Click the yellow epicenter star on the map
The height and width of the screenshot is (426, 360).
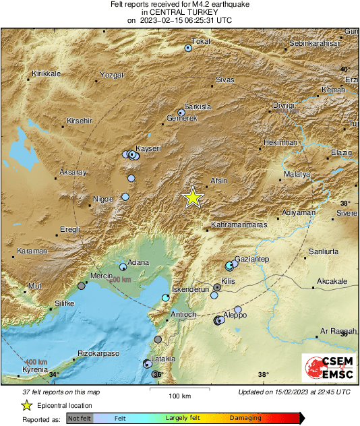click(193, 197)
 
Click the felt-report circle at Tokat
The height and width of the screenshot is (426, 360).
click(189, 48)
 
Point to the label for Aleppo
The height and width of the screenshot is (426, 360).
click(235, 315)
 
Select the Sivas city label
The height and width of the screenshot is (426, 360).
click(224, 80)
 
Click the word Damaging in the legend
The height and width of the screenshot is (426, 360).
click(245, 418)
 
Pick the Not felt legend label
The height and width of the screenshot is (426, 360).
click(80, 418)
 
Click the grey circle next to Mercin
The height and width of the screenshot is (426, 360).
click(82, 286)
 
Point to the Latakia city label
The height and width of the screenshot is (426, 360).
click(163, 359)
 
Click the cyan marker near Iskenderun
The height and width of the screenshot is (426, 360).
click(166, 297)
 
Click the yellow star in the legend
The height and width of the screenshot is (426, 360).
click(26, 405)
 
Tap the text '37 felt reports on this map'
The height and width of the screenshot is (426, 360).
click(60, 392)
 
